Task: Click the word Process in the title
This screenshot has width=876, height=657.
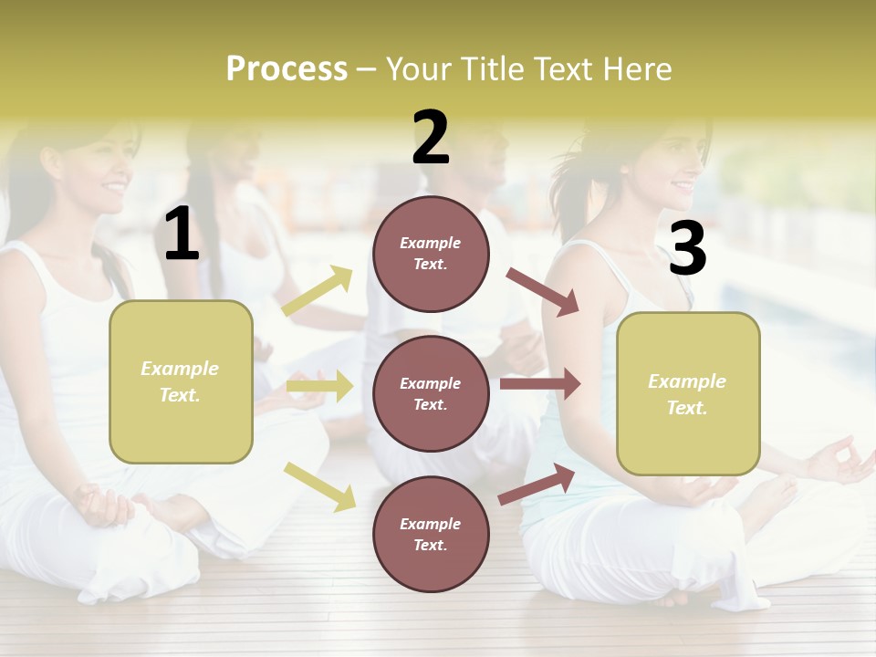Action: tap(287, 68)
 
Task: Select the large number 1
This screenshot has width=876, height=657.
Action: tap(182, 235)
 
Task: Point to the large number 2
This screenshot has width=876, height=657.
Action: tap(431, 138)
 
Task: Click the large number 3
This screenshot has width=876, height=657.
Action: tap(687, 249)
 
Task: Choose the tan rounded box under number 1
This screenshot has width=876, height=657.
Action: tap(181, 381)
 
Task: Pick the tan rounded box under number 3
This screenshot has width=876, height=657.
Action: tap(688, 393)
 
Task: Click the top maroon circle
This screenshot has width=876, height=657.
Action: tap(431, 253)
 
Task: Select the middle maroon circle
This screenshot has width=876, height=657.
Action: tap(431, 393)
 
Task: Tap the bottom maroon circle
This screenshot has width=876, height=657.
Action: tap(431, 534)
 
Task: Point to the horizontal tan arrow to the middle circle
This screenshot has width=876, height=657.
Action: tap(319, 386)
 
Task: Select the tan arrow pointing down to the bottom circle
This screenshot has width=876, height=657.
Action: tap(320, 485)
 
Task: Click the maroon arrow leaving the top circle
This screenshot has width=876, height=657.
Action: tap(543, 292)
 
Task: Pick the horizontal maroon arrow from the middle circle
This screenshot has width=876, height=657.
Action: tap(540, 384)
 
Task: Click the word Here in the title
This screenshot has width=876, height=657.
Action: tap(638, 68)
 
